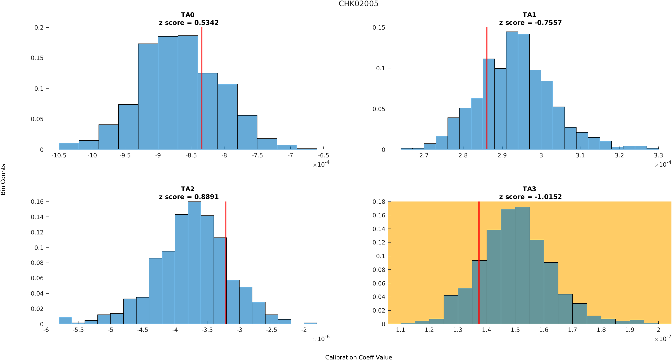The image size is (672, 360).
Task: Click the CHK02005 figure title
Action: click(358, 4)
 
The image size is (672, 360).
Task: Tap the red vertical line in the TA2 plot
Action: click(226, 262)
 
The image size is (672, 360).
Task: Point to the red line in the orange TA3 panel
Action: click(479, 262)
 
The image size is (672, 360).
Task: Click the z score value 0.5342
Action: click(206, 23)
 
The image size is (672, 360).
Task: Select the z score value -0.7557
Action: click(548, 23)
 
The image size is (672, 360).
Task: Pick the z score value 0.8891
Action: click(206, 197)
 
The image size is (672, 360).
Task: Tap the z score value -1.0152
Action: click(548, 197)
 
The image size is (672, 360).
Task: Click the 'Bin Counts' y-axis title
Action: click(3, 179)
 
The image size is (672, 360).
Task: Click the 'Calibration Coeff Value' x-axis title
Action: click(358, 357)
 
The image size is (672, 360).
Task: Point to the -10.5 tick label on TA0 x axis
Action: click(59, 156)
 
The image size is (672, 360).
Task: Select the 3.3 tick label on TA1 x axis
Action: click(658, 156)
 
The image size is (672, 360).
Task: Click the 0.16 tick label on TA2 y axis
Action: click(37, 202)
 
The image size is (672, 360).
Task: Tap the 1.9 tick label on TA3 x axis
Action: click(630, 330)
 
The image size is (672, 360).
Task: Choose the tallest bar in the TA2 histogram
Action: click(194, 262)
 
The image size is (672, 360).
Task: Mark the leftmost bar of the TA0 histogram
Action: click(69, 146)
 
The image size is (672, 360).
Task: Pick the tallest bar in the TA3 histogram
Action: click(522, 265)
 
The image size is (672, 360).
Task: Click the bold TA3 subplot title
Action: click(529, 189)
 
